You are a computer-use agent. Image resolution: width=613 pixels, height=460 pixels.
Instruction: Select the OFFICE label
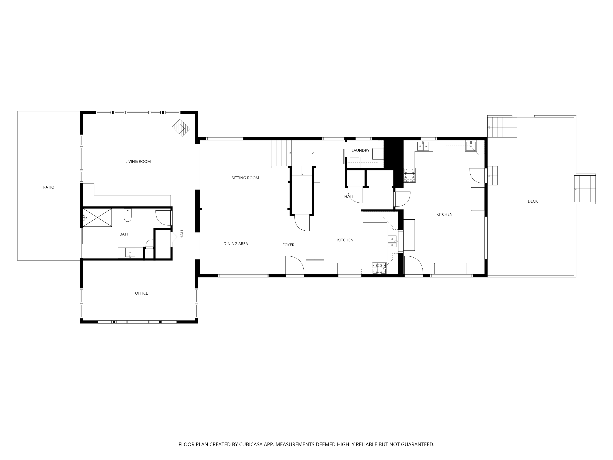141,293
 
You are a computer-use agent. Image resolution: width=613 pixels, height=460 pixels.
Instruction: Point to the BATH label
124,234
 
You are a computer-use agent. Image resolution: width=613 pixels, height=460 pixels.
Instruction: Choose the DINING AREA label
236,244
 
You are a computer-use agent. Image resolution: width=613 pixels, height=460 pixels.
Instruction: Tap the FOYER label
289,245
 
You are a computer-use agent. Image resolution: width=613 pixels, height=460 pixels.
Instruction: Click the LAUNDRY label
360,150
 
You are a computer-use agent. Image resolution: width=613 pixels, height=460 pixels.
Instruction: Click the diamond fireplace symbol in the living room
181,128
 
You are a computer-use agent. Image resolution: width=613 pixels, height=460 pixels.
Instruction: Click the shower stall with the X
97,218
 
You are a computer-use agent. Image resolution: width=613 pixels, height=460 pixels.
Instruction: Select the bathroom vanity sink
130,253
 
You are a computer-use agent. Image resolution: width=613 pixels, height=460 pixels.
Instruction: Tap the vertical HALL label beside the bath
182,234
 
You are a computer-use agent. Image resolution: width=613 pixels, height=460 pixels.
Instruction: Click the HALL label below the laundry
349,197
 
